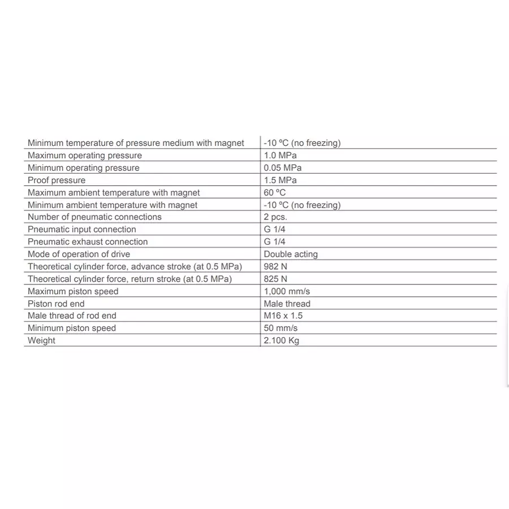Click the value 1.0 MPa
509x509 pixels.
(280, 156)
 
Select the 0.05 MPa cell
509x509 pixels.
(282, 168)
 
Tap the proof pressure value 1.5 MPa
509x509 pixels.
(280, 180)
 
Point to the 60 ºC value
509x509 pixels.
(275, 193)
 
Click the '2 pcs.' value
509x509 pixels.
(275, 217)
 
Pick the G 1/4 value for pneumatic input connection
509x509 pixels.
(275, 230)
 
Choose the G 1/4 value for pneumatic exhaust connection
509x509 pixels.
(275, 242)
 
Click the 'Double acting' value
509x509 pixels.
(291, 255)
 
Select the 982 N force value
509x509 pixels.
(275, 267)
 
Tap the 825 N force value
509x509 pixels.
(275, 279)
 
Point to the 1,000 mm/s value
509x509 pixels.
(287, 292)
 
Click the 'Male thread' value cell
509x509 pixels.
(287, 304)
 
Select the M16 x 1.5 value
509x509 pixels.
(283, 316)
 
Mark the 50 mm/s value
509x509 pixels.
(281, 329)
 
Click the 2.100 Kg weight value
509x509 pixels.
(281, 341)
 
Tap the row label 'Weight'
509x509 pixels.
(42, 341)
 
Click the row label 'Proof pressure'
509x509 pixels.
(57, 180)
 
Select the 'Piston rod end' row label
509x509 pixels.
(56, 304)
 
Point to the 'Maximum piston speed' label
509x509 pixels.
(73, 292)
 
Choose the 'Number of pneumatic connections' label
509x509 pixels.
(94, 217)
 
